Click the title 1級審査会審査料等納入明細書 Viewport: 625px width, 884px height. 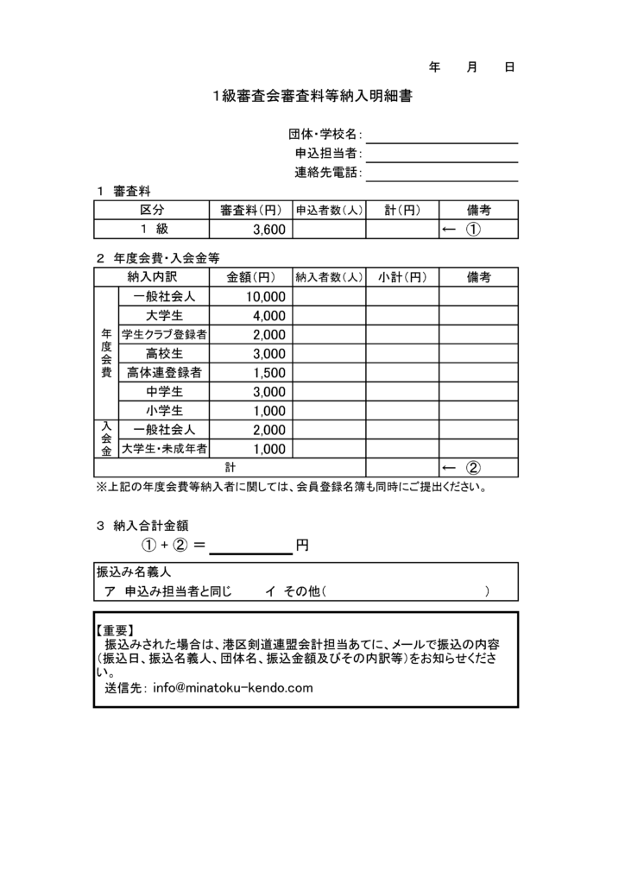[312, 97]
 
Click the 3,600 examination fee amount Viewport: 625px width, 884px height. [268, 230]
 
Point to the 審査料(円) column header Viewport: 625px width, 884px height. [250, 210]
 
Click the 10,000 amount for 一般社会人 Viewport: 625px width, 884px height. [264, 296]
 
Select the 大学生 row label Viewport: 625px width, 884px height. [164, 315]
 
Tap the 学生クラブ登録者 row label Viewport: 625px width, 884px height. [164, 334]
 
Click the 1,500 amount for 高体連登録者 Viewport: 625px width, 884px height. [268, 372]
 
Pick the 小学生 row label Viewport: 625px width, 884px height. [164, 410]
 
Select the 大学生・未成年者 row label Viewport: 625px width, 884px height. [164, 448]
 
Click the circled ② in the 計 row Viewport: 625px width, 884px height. [473, 468]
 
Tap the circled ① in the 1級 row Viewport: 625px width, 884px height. [473, 230]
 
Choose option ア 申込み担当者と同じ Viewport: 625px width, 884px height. [168, 591]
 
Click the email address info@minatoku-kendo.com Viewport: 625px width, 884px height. [232, 688]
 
